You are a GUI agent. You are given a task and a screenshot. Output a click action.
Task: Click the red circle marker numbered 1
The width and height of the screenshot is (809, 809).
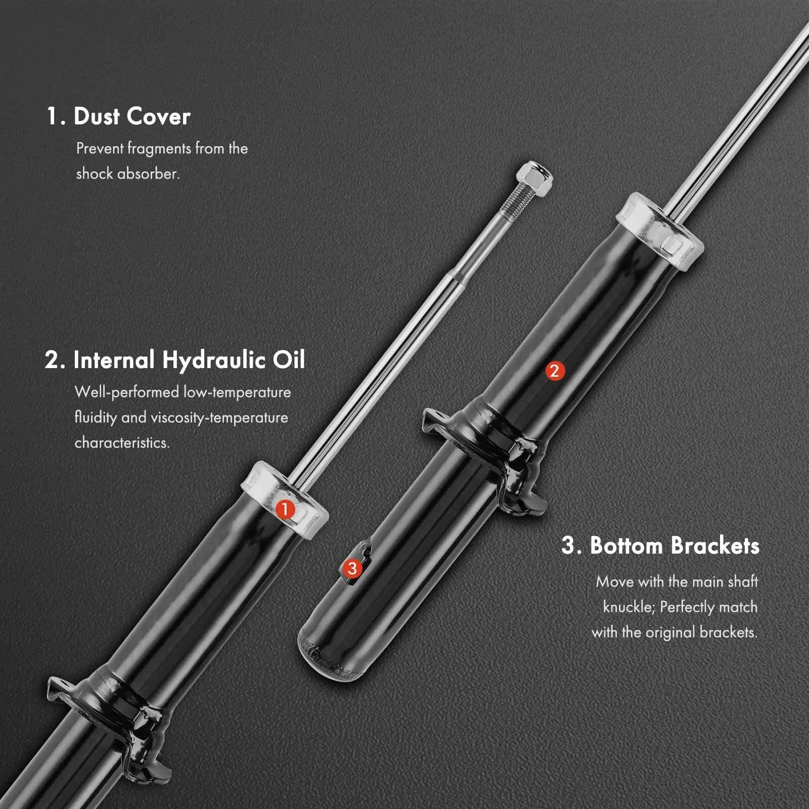point(285,509)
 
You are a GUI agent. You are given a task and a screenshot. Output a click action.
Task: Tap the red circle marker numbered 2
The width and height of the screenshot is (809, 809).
point(554,371)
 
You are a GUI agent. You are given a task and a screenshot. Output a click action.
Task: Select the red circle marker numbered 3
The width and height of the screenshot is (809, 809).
point(352,568)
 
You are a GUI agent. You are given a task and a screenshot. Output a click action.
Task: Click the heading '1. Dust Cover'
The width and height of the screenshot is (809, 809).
point(118,116)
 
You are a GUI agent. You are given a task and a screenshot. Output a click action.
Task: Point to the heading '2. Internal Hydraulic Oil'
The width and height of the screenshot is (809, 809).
point(175,360)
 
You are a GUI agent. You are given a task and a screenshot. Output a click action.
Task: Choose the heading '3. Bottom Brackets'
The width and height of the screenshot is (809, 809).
point(660,546)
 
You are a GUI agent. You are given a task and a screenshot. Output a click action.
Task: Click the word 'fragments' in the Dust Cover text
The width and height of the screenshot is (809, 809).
point(159,149)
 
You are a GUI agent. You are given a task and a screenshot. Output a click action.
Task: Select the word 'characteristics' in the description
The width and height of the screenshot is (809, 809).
point(122,442)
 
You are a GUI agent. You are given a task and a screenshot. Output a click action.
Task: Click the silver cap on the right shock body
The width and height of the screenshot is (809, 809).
point(660,233)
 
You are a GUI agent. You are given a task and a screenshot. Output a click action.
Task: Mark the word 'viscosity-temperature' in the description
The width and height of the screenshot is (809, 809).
point(219,418)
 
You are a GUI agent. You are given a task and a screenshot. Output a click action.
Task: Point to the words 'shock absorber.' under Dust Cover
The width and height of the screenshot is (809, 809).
point(128,174)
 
